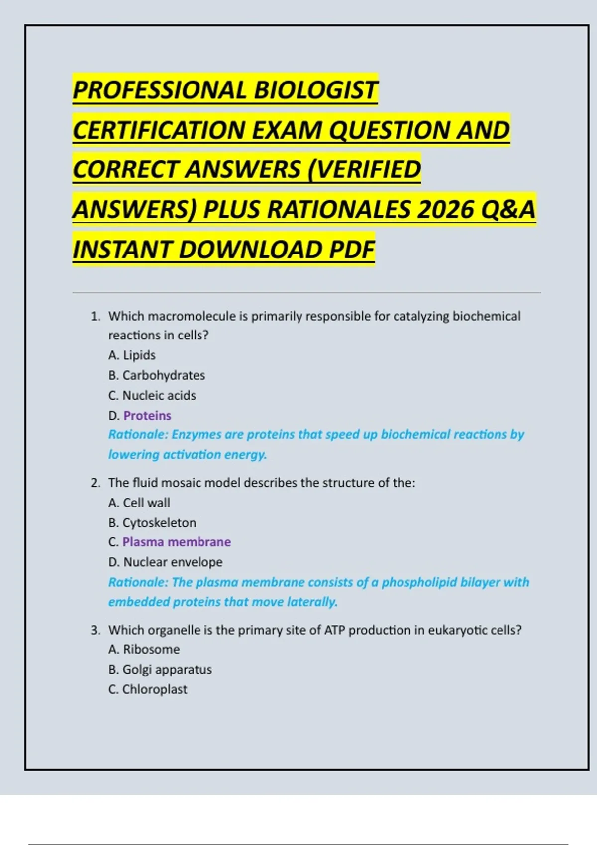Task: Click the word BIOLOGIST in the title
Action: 315,90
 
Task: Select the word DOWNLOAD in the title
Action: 252,249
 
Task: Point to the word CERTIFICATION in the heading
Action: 159,130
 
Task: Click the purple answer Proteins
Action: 147,415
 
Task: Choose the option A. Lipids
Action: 132,355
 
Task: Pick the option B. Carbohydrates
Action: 157,375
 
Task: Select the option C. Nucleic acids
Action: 152,395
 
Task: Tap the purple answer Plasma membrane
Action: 177,542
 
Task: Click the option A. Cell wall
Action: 139,503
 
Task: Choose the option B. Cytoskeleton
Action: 152,522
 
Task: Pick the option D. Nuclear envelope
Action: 165,562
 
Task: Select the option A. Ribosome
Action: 144,649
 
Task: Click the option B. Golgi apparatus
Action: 160,669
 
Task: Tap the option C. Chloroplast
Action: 148,689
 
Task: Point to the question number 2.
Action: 95,483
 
